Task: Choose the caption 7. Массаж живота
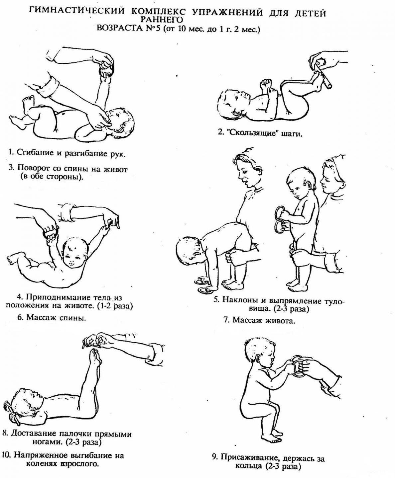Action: (x=259, y=320)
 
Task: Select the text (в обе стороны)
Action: (x=52, y=177)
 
